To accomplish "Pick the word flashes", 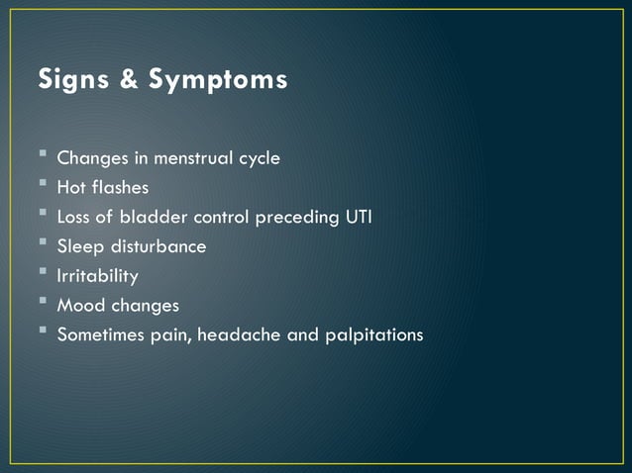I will click(x=122, y=187).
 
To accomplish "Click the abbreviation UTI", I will click(x=358, y=217).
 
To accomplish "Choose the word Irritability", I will click(x=97, y=276).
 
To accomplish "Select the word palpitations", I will click(x=373, y=335).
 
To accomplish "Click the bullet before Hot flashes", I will click(x=44, y=185).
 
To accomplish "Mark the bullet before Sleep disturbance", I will click(x=44, y=244).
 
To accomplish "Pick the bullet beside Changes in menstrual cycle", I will click(x=44, y=155).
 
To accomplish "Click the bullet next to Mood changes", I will click(x=44, y=304).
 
